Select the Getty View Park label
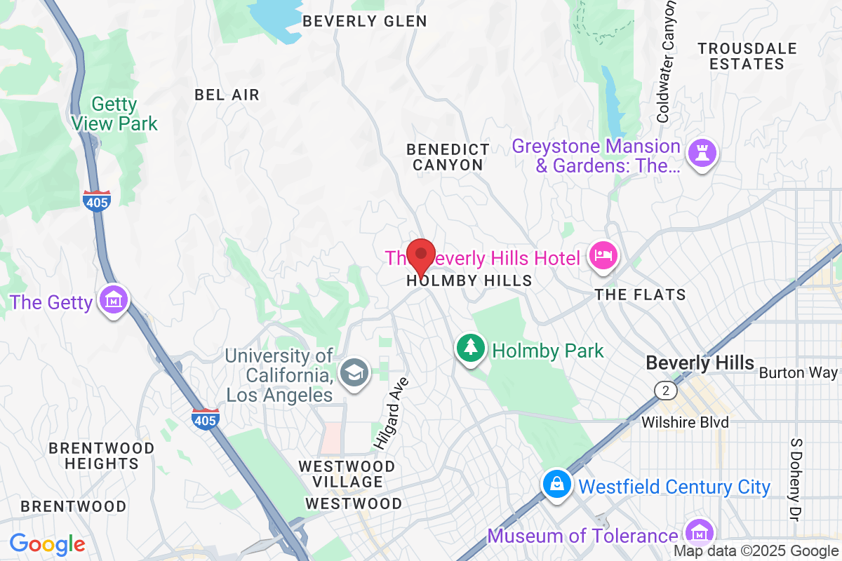click(x=114, y=114)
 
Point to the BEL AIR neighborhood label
click(x=227, y=95)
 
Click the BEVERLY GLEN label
click(x=364, y=21)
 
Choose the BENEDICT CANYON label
click(x=448, y=157)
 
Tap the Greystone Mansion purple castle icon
click(x=702, y=152)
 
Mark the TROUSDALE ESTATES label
click(x=747, y=56)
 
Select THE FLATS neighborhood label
click(x=640, y=295)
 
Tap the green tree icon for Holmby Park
click(x=471, y=349)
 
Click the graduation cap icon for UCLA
click(x=355, y=372)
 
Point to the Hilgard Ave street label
click(x=391, y=412)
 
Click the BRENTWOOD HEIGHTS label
click(x=102, y=455)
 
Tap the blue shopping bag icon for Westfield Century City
click(x=556, y=486)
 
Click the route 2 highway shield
click(x=664, y=389)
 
